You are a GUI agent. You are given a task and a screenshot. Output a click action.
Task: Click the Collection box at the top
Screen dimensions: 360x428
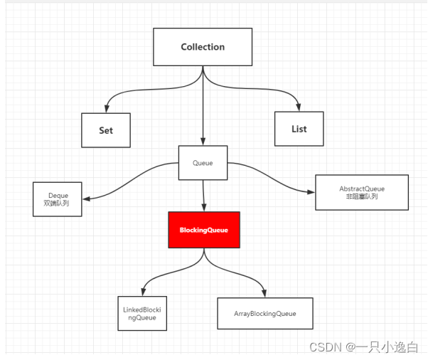(203, 47)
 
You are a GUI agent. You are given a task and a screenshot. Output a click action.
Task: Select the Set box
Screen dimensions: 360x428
(105, 130)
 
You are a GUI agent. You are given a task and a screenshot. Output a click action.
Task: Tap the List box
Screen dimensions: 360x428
(299, 129)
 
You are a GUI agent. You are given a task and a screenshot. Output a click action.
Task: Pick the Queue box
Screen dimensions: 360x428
(203, 163)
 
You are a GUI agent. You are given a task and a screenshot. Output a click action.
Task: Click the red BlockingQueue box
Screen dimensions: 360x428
(204, 230)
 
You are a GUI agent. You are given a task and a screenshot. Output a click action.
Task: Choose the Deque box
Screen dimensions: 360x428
(58, 198)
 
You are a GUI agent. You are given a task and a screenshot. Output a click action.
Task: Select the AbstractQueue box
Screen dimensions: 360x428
(362, 192)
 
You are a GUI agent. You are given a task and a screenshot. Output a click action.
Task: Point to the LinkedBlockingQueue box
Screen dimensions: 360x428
(143, 314)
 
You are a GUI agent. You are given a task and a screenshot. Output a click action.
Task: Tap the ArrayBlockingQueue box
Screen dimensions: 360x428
(264, 313)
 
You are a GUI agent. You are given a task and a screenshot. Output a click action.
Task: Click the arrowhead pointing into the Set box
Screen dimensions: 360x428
(106, 107)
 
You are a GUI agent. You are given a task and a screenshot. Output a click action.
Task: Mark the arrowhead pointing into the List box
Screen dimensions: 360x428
(299, 107)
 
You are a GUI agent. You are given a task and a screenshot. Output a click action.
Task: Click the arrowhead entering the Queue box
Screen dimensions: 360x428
(203, 142)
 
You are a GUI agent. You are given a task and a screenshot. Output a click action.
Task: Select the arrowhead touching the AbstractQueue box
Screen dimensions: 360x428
(311, 191)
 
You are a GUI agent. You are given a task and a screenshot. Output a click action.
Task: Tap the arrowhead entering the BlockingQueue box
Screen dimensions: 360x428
(204, 208)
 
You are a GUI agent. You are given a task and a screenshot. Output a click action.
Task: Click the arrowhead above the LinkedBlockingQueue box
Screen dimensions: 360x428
(143, 292)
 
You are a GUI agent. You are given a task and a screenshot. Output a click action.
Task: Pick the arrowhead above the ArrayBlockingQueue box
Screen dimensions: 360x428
(264, 292)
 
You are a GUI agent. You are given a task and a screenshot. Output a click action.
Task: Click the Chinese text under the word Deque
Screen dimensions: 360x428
(58, 203)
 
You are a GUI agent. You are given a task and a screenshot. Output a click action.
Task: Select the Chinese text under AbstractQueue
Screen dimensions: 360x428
(362, 197)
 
